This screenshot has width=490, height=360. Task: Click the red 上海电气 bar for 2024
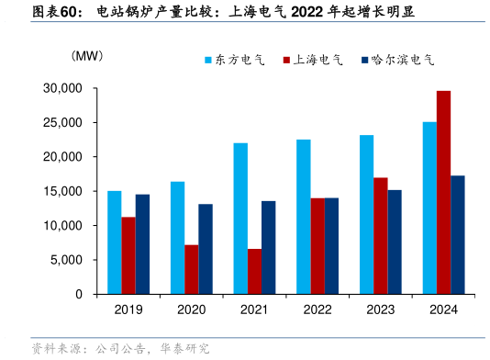click(x=443, y=192)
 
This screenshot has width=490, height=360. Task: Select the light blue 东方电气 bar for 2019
click(x=115, y=242)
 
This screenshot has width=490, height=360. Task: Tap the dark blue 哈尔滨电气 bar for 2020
click(x=206, y=249)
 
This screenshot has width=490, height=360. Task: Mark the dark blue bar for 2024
click(x=458, y=234)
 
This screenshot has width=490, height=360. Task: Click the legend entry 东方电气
click(x=233, y=60)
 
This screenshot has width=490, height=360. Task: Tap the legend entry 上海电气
click(x=312, y=60)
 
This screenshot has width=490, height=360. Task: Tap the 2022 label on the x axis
click(x=317, y=309)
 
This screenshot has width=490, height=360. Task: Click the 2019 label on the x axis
click(x=128, y=309)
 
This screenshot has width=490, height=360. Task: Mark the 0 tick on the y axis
click(x=79, y=294)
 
